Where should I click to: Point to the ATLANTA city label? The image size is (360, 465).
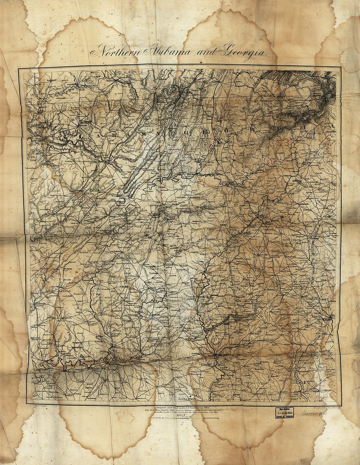coord(269,224)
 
